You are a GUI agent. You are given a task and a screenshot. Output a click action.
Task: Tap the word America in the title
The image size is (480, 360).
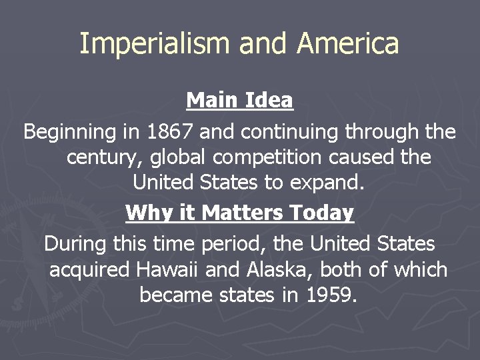[348, 44]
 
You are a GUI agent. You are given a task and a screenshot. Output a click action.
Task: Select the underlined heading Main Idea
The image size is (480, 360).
[239, 101]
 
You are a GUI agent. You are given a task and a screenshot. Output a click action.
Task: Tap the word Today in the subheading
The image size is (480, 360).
[322, 213]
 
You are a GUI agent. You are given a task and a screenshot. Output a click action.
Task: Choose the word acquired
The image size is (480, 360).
[90, 270]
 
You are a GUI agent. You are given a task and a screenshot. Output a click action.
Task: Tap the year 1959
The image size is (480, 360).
[327, 295]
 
